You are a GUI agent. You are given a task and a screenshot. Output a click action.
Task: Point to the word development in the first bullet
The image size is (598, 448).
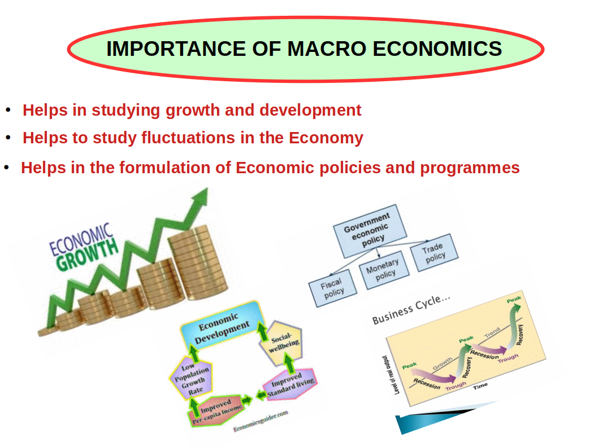[x=310, y=111]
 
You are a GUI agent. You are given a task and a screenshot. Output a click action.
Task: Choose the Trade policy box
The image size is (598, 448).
[x=434, y=252]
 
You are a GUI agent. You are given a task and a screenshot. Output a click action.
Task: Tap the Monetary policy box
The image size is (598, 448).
[x=384, y=270]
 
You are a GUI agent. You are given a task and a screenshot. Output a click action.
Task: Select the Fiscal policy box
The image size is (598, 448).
[x=332, y=288]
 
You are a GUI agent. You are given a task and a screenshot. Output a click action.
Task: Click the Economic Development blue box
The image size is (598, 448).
[x=223, y=326]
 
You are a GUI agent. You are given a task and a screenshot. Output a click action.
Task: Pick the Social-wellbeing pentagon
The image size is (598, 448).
[x=282, y=343]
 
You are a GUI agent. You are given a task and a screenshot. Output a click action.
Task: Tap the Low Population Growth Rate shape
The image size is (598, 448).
[x=192, y=378]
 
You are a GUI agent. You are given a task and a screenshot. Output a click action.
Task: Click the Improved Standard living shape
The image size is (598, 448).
[x=291, y=384]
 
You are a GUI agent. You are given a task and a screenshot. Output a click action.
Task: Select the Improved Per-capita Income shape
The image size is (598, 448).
[x=216, y=410]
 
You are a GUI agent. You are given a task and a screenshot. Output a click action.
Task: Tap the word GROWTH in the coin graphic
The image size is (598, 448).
[x=88, y=254]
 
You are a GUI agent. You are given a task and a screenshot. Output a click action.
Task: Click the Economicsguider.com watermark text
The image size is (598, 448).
[x=261, y=421]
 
